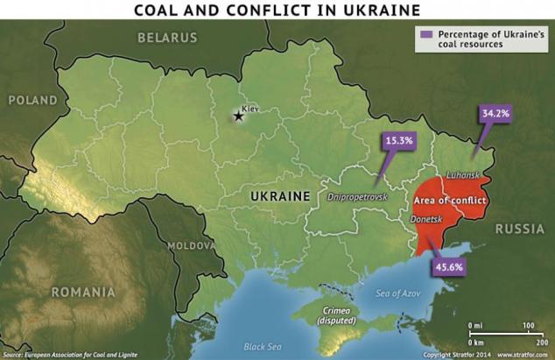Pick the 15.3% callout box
tap(397, 139)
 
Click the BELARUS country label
tap(170, 37)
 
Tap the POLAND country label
tap(32, 101)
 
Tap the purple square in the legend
tap(425, 32)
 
